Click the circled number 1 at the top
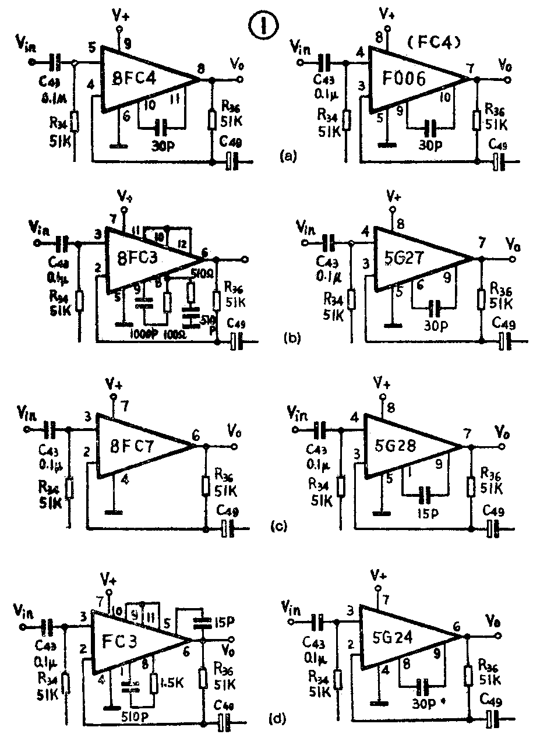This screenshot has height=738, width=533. pyautogui.click(x=263, y=26)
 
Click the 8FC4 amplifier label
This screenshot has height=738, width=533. pyautogui.click(x=142, y=79)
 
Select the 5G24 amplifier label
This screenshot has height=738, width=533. pyautogui.click(x=399, y=638)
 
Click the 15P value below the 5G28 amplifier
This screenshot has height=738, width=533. pyautogui.click(x=428, y=514)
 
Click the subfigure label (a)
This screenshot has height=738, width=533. pyautogui.click(x=289, y=156)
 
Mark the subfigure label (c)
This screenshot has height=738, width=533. pyautogui.click(x=280, y=527)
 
